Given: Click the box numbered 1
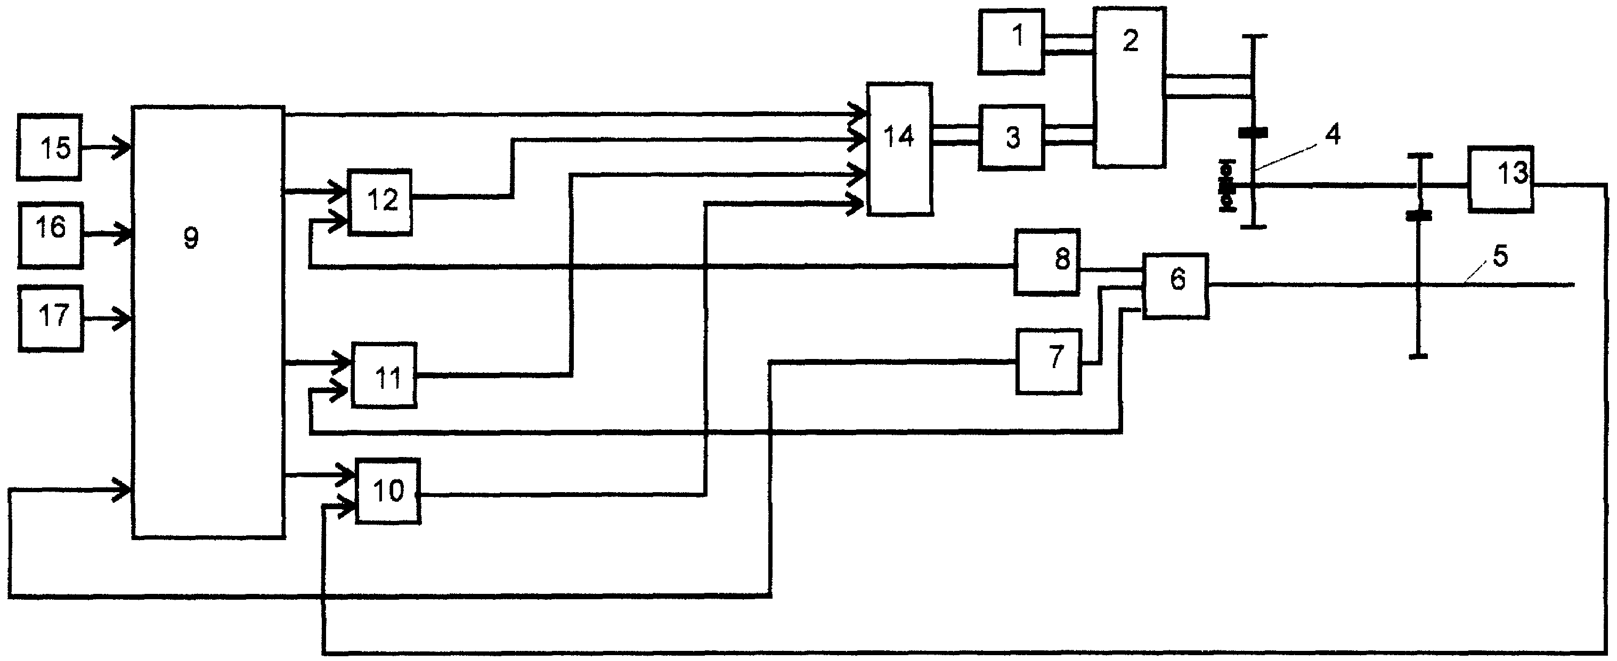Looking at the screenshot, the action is [1011, 42].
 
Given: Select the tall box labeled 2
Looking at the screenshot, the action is [1130, 87].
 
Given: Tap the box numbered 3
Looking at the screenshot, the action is [1011, 137].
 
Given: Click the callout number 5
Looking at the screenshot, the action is [1500, 256].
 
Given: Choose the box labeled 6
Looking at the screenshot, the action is [1176, 286].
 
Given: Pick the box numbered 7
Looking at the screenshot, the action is [1049, 362].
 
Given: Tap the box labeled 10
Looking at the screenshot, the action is [388, 491].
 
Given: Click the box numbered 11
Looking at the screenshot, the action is [384, 376].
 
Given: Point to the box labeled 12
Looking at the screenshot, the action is [380, 202].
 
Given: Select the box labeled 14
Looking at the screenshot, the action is [899, 149].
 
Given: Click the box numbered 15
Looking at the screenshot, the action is [50, 148].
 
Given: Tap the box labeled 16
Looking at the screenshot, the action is [50, 235].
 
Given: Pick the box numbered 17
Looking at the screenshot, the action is [51, 319].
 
